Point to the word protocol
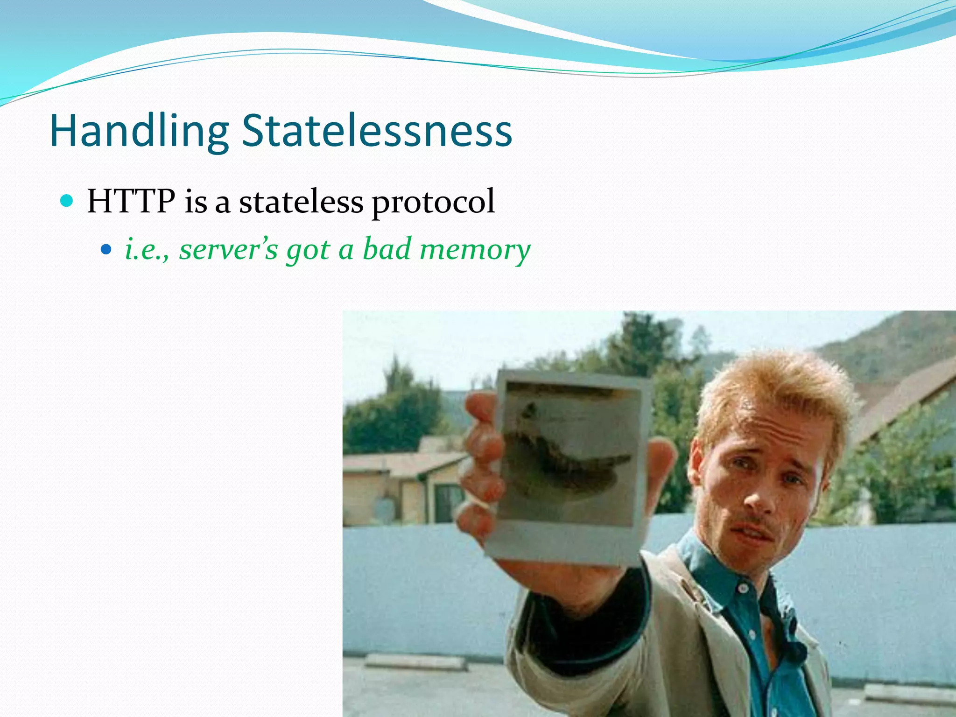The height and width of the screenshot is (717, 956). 433,203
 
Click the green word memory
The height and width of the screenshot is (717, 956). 475,250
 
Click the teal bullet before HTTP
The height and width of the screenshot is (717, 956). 67,201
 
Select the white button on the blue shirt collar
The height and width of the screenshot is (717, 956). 742,589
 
